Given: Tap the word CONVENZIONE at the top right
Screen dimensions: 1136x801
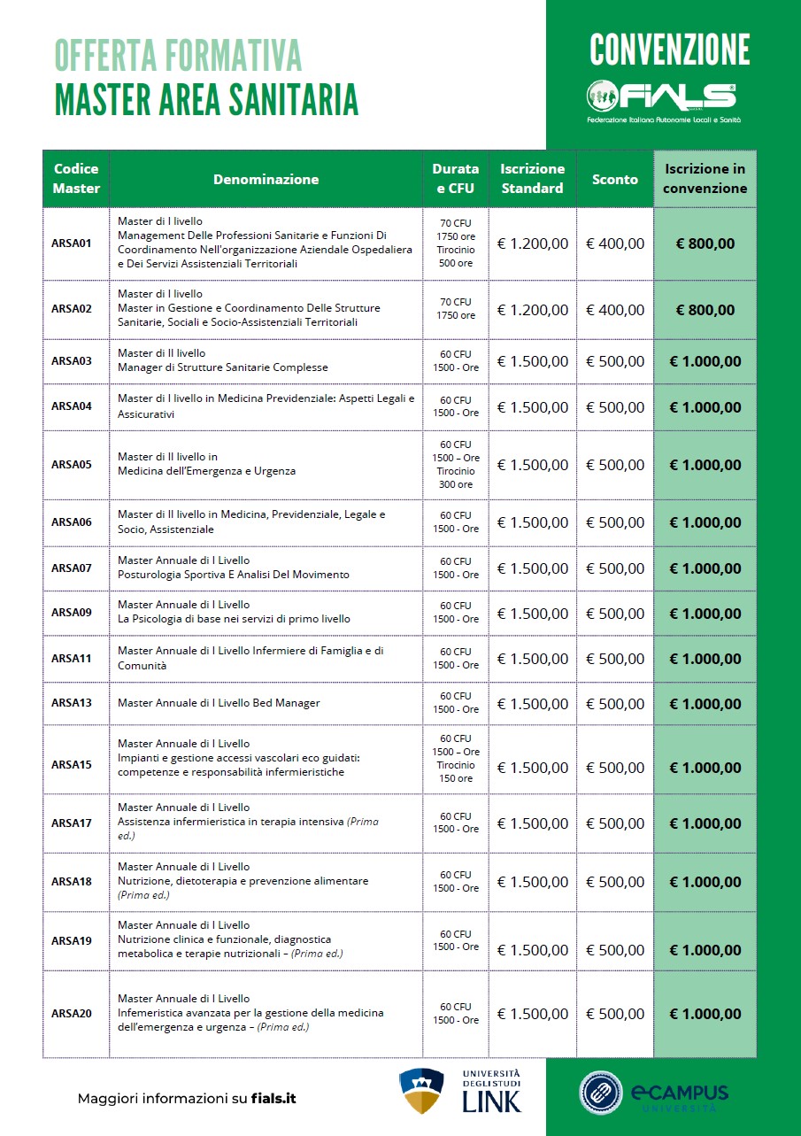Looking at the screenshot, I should (x=669, y=50).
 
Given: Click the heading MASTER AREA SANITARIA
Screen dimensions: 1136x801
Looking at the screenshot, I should (x=206, y=99).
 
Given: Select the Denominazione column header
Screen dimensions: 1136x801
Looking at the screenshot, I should (x=266, y=179).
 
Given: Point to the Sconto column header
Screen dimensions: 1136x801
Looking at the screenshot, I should (x=615, y=179).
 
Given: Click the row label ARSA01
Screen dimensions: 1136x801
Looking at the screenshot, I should (x=72, y=243).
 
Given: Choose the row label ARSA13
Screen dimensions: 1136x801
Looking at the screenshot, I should (x=72, y=703).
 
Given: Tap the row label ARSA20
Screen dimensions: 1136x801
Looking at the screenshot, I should (x=72, y=1014).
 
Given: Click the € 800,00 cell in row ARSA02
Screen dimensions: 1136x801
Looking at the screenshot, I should (x=705, y=310).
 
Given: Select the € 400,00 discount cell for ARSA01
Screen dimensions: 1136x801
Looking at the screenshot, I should (x=615, y=243).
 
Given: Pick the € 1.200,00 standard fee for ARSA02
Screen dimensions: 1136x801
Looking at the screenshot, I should (x=533, y=310).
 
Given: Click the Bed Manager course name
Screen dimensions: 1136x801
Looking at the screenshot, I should (x=219, y=703).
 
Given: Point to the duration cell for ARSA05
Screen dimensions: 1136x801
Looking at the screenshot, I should (x=456, y=465).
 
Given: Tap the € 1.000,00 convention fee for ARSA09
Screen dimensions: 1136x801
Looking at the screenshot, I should (x=705, y=613).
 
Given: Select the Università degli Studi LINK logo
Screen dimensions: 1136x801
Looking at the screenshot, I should (x=460, y=1091).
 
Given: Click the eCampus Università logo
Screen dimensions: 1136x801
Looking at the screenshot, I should (x=654, y=1092).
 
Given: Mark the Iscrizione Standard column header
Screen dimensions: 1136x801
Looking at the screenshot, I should (x=532, y=179).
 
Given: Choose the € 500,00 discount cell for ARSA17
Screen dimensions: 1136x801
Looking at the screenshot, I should (x=615, y=823).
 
